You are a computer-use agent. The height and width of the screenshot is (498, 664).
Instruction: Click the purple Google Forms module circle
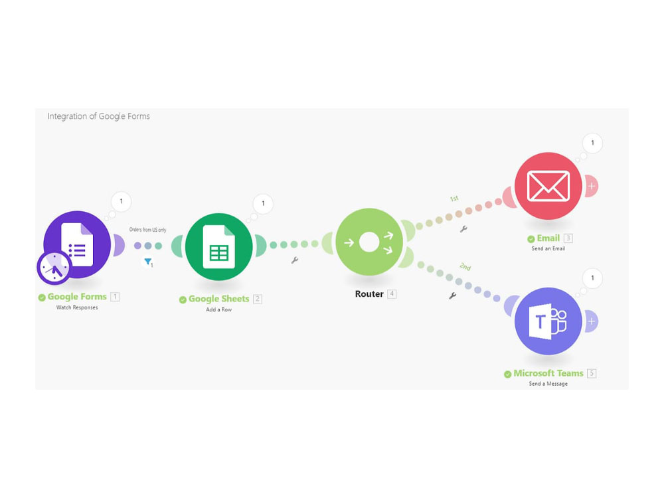(x=77, y=244)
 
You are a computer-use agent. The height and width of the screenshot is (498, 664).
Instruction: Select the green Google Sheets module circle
(x=219, y=246)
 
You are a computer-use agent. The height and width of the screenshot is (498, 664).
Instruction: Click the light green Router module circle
(x=369, y=242)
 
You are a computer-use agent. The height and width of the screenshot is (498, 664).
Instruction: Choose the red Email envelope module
(x=548, y=186)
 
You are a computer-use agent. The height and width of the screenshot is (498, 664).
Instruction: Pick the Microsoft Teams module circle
(x=548, y=321)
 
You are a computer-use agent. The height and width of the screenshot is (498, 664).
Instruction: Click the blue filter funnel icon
(x=148, y=262)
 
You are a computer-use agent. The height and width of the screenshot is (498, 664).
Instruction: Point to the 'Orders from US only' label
(x=148, y=230)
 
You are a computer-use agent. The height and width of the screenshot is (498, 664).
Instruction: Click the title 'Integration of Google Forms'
(x=99, y=116)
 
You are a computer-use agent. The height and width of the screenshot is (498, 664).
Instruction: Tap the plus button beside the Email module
(x=592, y=186)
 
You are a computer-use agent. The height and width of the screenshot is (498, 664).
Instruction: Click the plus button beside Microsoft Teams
(x=592, y=321)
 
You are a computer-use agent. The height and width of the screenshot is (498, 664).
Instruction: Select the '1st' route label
(x=454, y=198)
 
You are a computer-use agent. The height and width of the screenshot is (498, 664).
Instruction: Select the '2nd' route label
(x=465, y=266)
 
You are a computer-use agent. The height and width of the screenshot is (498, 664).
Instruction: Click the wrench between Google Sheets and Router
(x=295, y=260)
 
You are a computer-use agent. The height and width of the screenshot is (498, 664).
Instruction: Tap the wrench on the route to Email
(x=463, y=229)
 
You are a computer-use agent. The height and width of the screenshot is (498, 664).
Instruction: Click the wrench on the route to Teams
(x=453, y=295)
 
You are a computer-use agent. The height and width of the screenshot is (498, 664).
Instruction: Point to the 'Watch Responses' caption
(x=77, y=307)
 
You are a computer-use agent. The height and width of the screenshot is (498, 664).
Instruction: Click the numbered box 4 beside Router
(x=392, y=294)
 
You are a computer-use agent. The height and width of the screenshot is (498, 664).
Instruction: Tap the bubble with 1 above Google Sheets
(x=263, y=204)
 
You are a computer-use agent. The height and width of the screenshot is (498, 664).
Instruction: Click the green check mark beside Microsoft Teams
(x=508, y=374)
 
